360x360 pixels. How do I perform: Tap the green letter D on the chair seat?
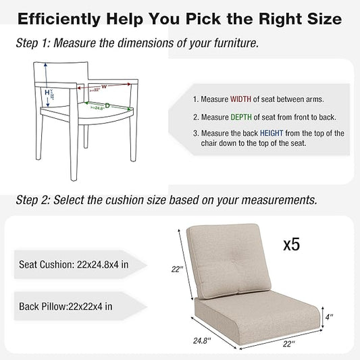[107, 106]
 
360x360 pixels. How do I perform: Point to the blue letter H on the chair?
[47, 93]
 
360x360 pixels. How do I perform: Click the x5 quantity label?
[290, 243]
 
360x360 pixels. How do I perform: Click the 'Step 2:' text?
[32, 201]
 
